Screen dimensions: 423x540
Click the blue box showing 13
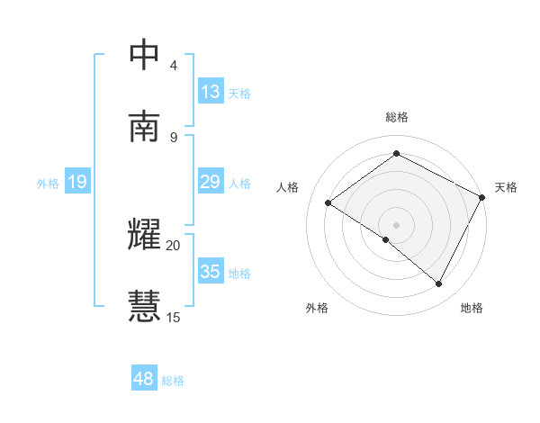[x=211, y=92]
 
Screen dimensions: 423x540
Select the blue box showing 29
[x=211, y=182]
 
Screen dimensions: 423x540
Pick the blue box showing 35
[x=211, y=272]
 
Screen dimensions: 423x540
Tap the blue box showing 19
[x=77, y=182]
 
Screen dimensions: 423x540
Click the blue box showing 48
[x=144, y=379]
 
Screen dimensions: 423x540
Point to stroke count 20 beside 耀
[x=173, y=245]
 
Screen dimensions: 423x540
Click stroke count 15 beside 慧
[x=173, y=317]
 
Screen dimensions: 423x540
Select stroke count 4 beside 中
[x=174, y=66]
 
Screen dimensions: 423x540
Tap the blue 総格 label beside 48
[x=173, y=381]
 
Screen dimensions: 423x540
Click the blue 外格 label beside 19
[x=48, y=183]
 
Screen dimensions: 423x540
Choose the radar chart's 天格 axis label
[x=506, y=187]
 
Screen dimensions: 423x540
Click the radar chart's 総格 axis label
[x=397, y=117]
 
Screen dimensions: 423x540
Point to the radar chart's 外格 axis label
[x=317, y=308]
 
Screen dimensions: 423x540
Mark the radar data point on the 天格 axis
[x=482, y=197]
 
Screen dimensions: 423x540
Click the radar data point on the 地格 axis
[x=439, y=284]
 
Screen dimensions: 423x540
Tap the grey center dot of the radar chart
[x=397, y=224]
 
